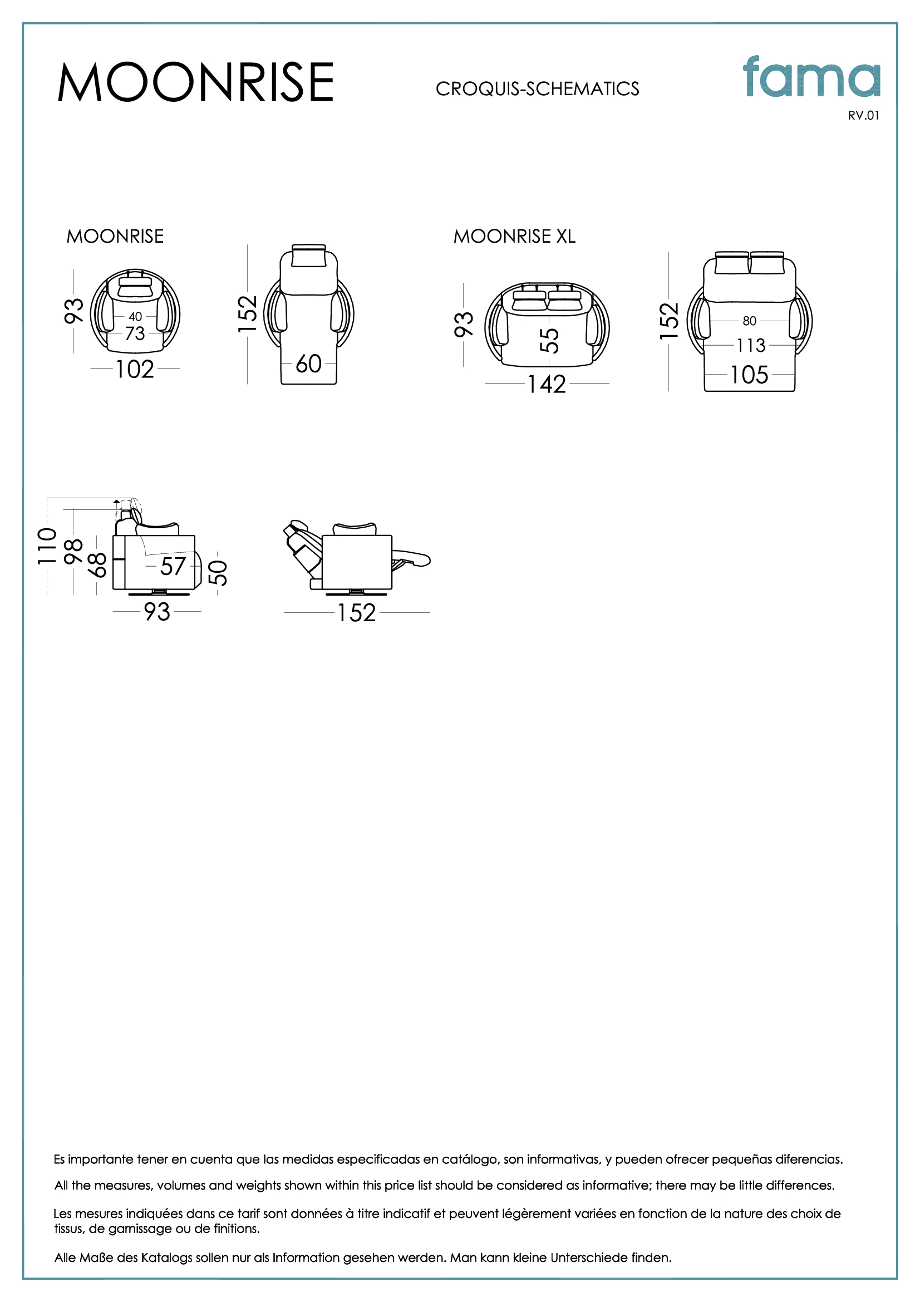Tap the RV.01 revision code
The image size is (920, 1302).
(x=863, y=116)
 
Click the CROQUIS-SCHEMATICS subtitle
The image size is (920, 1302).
(x=537, y=89)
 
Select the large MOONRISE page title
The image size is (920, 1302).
(x=195, y=82)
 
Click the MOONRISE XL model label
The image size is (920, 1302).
(x=514, y=237)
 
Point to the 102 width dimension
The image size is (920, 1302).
(x=135, y=370)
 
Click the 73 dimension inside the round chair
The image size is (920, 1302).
(x=135, y=333)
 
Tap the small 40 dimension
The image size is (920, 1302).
(x=135, y=316)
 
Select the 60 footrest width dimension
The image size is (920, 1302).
(x=308, y=364)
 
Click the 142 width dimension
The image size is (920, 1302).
(x=547, y=385)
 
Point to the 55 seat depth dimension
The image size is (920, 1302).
(x=549, y=340)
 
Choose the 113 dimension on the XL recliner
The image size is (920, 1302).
(x=750, y=345)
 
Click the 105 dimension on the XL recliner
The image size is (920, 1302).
(x=749, y=375)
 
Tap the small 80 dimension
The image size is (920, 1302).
(x=749, y=321)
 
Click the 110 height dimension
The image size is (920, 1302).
(x=47, y=546)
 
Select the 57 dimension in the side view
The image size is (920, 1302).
(x=173, y=567)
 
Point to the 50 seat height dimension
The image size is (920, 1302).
(x=218, y=572)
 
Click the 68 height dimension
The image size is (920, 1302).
(x=97, y=565)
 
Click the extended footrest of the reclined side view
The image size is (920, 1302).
(x=411, y=559)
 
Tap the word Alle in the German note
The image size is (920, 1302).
(x=65, y=1257)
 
